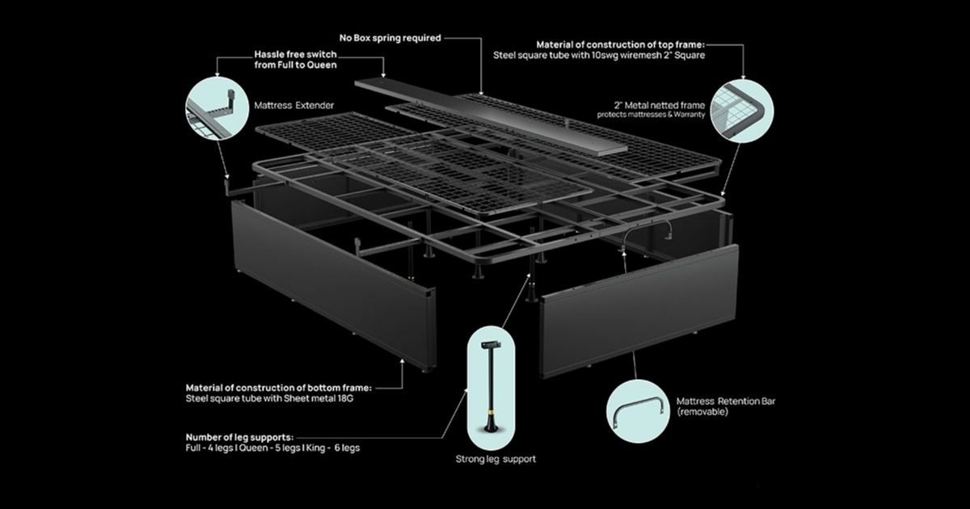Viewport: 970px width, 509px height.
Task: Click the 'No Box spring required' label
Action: [390, 38]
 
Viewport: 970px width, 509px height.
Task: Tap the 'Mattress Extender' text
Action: [294, 105]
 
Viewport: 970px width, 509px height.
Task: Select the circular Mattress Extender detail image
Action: [217, 108]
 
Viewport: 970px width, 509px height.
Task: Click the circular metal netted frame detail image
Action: [742, 111]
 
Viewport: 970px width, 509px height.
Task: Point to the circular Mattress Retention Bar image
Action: [638, 411]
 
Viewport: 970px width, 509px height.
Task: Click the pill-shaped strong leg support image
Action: [491, 389]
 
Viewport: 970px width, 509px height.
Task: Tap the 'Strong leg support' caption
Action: [496, 459]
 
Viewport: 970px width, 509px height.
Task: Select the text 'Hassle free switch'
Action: [295, 55]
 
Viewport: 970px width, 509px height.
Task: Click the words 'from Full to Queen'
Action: [295, 65]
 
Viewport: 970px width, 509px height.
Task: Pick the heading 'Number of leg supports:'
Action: [239, 437]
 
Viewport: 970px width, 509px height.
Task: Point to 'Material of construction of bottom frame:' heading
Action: [278, 388]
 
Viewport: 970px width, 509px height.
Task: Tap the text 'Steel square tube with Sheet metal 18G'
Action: [269, 398]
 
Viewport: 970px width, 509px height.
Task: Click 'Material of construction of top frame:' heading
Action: [621, 44]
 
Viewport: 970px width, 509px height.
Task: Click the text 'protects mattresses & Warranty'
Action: [651, 115]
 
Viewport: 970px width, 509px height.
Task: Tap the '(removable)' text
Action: [702, 411]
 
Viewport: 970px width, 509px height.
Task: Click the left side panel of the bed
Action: [333, 286]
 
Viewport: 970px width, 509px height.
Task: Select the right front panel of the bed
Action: [639, 311]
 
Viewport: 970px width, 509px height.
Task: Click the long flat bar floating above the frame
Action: [491, 117]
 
